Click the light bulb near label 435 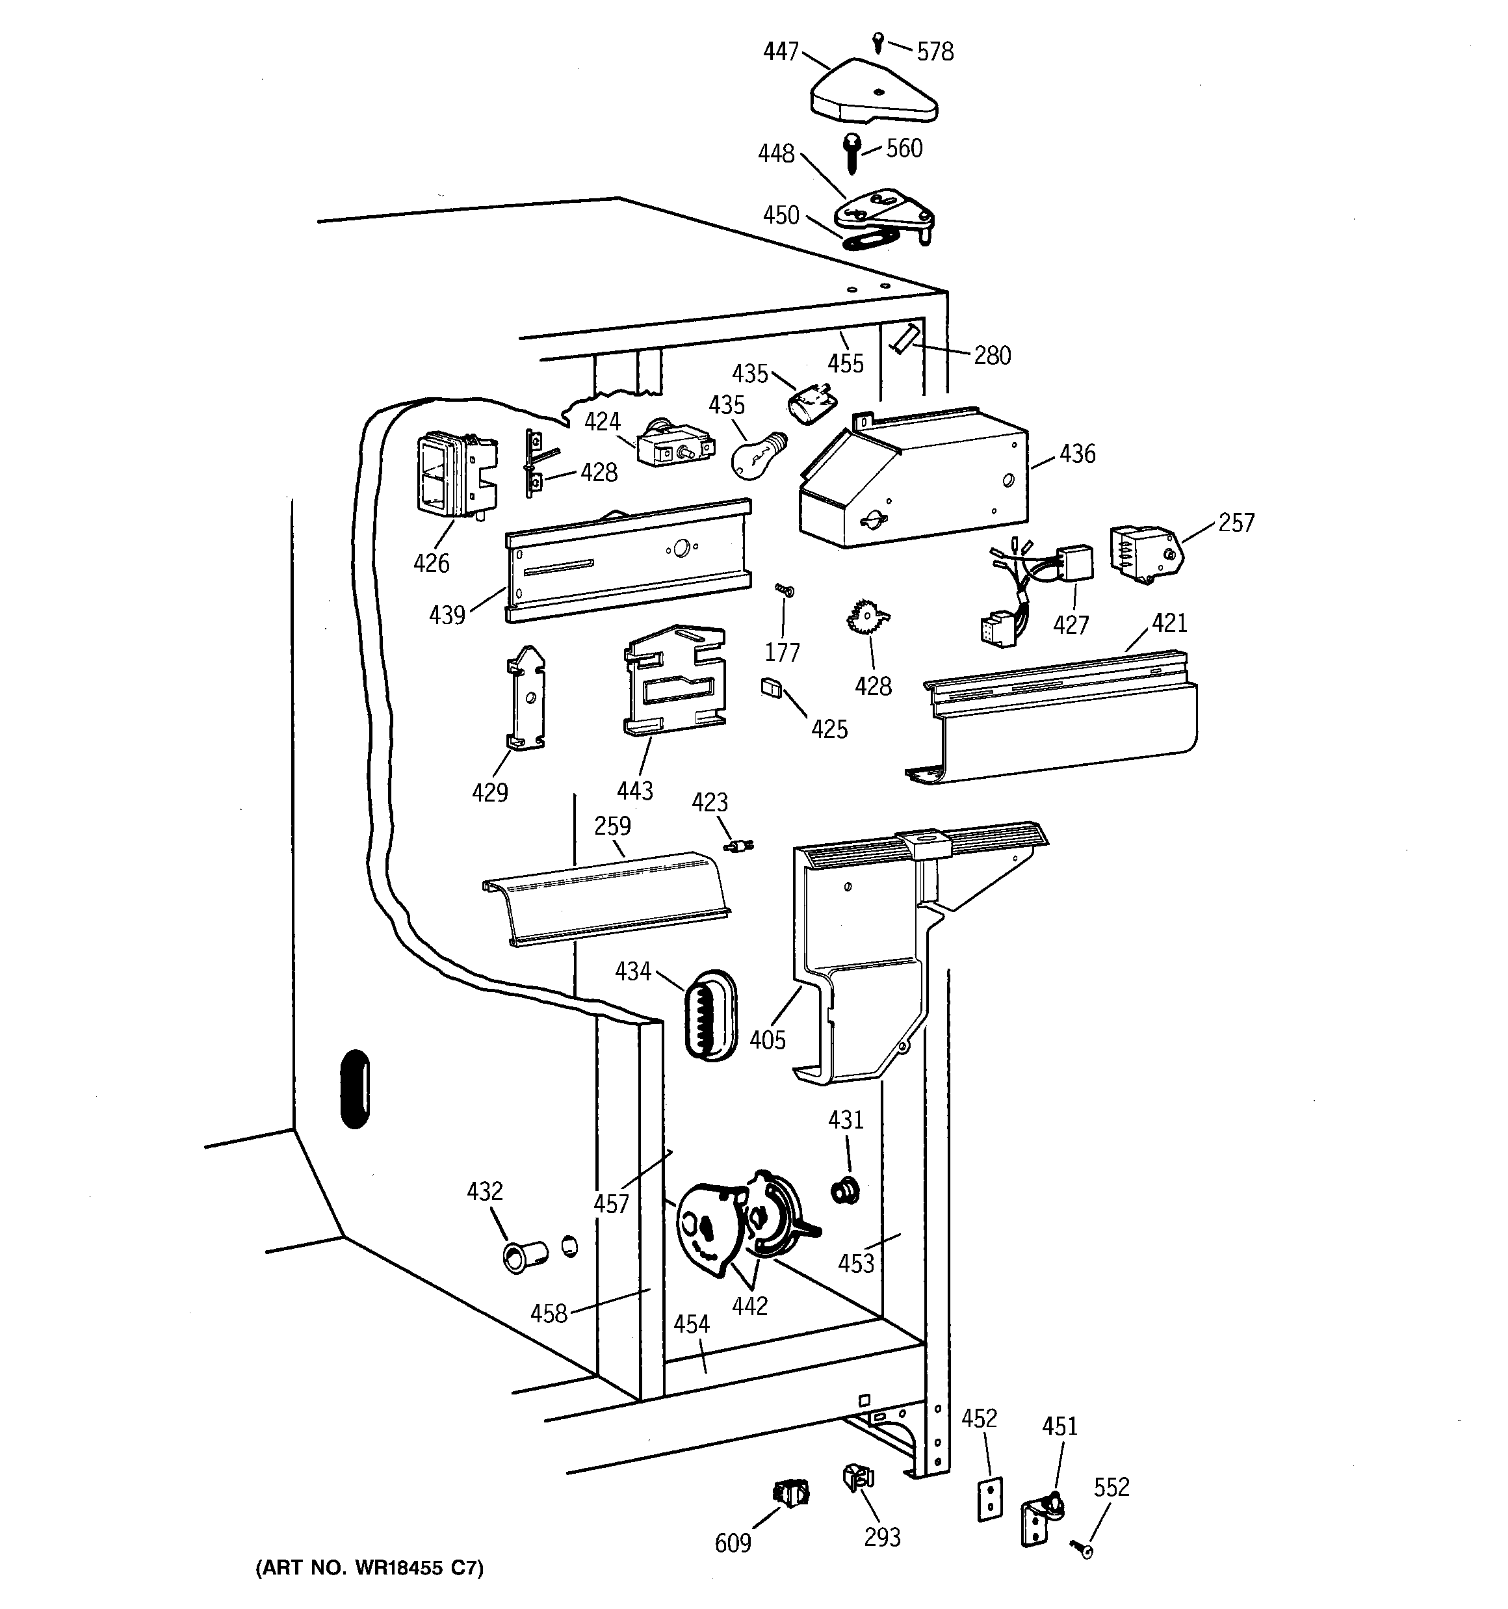point(758,456)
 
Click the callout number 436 point(1076,454)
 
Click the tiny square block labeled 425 point(771,688)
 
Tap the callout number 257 point(1236,523)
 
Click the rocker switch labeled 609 point(792,1491)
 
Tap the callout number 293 point(881,1537)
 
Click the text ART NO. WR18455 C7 point(369,1569)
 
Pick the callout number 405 point(768,1040)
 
